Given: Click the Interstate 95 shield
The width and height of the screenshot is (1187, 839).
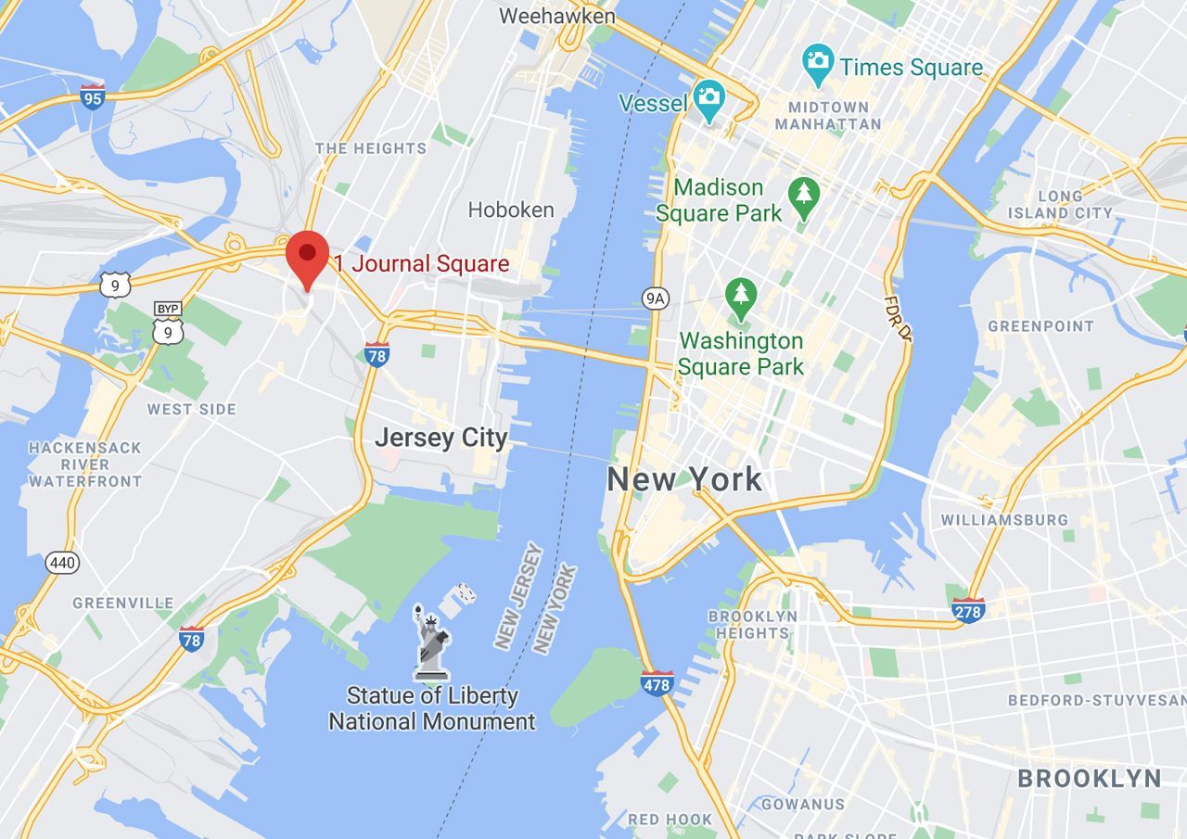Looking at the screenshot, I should (x=92, y=96).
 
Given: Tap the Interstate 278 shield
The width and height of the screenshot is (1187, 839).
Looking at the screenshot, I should (x=968, y=609).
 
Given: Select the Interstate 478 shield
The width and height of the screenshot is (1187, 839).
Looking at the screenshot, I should (x=657, y=683).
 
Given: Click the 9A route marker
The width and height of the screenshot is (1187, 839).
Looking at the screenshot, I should (x=655, y=298).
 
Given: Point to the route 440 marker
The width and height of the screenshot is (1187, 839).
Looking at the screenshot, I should (x=63, y=562).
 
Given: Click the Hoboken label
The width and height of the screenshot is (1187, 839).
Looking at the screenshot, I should (x=511, y=210).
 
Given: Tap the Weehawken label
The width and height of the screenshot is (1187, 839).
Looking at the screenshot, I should (x=556, y=16).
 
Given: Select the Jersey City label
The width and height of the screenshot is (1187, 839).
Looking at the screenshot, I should (x=441, y=438).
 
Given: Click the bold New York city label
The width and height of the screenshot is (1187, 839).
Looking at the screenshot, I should (x=684, y=479).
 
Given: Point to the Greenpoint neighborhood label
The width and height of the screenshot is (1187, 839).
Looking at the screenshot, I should (x=1040, y=326).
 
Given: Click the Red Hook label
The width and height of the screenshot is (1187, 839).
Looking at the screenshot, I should (x=670, y=820).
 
